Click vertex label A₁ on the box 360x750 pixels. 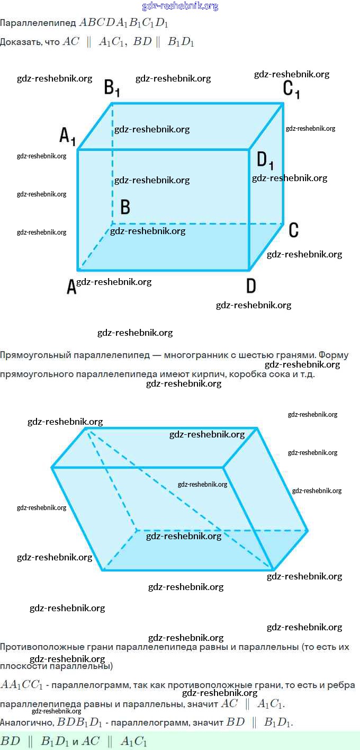[67, 136]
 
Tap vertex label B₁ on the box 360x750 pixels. [111, 87]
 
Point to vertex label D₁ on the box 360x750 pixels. [265, 159]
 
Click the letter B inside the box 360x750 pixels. [125, 207]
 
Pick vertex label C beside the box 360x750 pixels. [294, 230]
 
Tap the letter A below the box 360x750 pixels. [71, 287]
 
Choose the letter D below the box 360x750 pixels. [251, 286]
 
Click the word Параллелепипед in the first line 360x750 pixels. [38, 23]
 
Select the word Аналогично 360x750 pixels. [26, 722]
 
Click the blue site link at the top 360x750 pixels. [180, 6]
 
